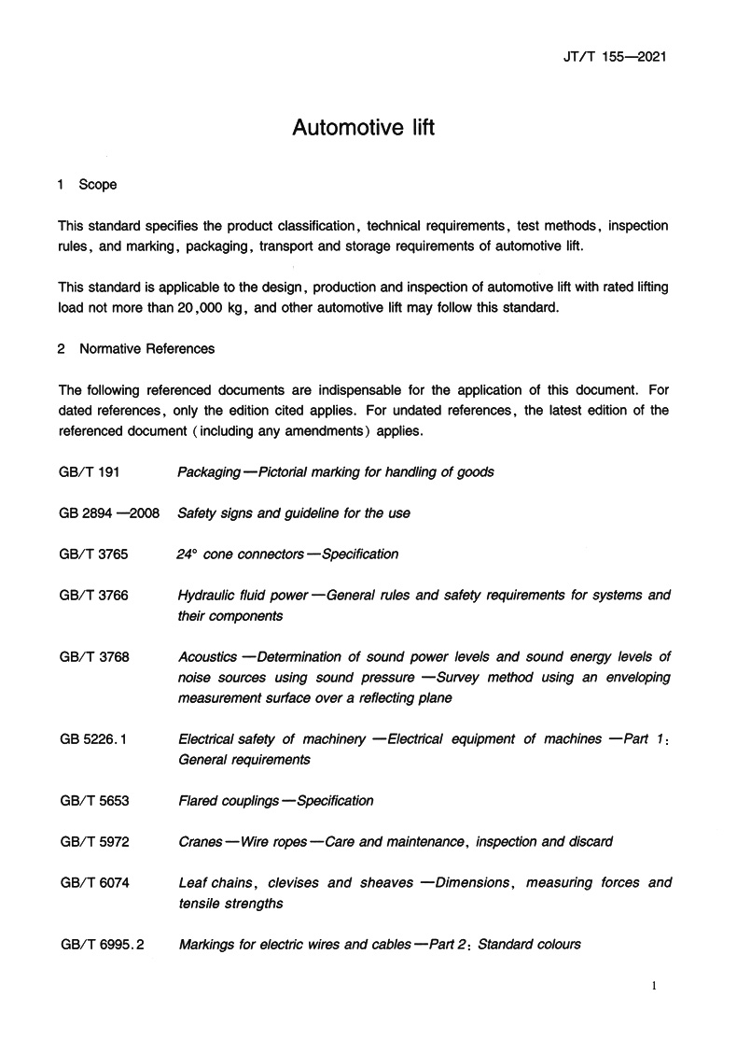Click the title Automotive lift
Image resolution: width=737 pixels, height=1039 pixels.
[x=364, y=127]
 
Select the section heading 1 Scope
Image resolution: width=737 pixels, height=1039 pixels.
[x=87, y=185]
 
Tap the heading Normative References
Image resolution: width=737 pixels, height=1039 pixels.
[x=146, y=349]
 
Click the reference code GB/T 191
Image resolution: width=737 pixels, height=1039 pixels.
[x=84, y=471]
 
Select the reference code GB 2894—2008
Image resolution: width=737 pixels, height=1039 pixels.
[x=104, y=512]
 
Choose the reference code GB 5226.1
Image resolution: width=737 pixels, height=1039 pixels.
[x=92, y=738]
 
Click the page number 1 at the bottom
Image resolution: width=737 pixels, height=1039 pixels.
[x=656, y=987]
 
